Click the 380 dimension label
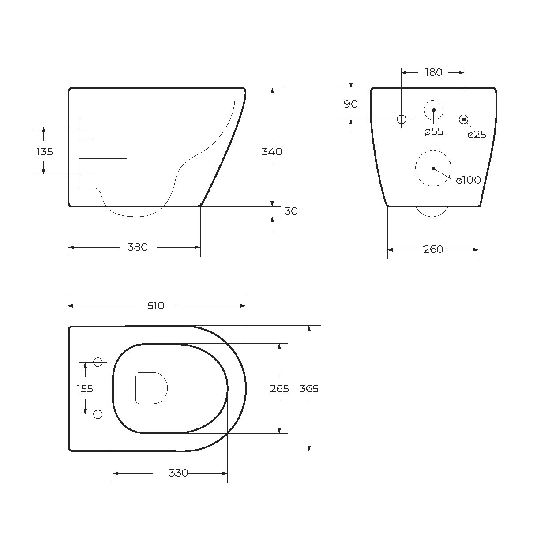pos(138,247)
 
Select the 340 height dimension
pos(272,151)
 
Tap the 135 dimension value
pos(45,151)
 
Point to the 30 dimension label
pos(291,211)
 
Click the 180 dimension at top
pos(434,72)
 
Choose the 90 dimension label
pos(351,104)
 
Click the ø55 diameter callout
pos(434,131)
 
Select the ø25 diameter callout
pos(477,135)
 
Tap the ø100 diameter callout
pos(468,180)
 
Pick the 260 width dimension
pos(433,249)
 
